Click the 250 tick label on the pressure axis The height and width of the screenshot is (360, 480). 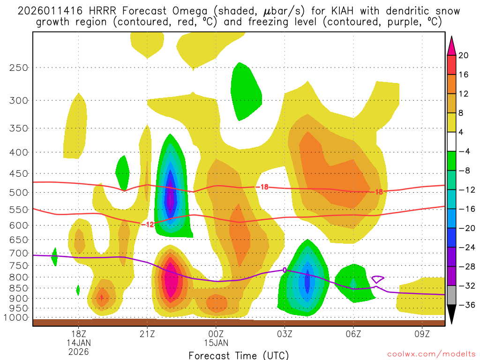point(19,67)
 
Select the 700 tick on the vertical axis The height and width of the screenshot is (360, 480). point(19,253)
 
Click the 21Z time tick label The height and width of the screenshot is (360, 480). point(147,334)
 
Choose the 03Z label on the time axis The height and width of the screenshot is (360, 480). point(285,334)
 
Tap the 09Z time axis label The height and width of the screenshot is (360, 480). point(422,334)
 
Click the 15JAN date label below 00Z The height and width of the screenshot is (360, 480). point(216,343)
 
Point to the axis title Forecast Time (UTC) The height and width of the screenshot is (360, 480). point(239,355)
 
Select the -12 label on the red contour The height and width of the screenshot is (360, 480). point(148,225)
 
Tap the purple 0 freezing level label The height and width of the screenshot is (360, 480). point(285,270)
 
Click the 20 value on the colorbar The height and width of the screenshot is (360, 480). point(463,55)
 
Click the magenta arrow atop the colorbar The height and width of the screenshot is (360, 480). point(451,46)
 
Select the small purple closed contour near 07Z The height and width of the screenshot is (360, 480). point(378,279)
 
